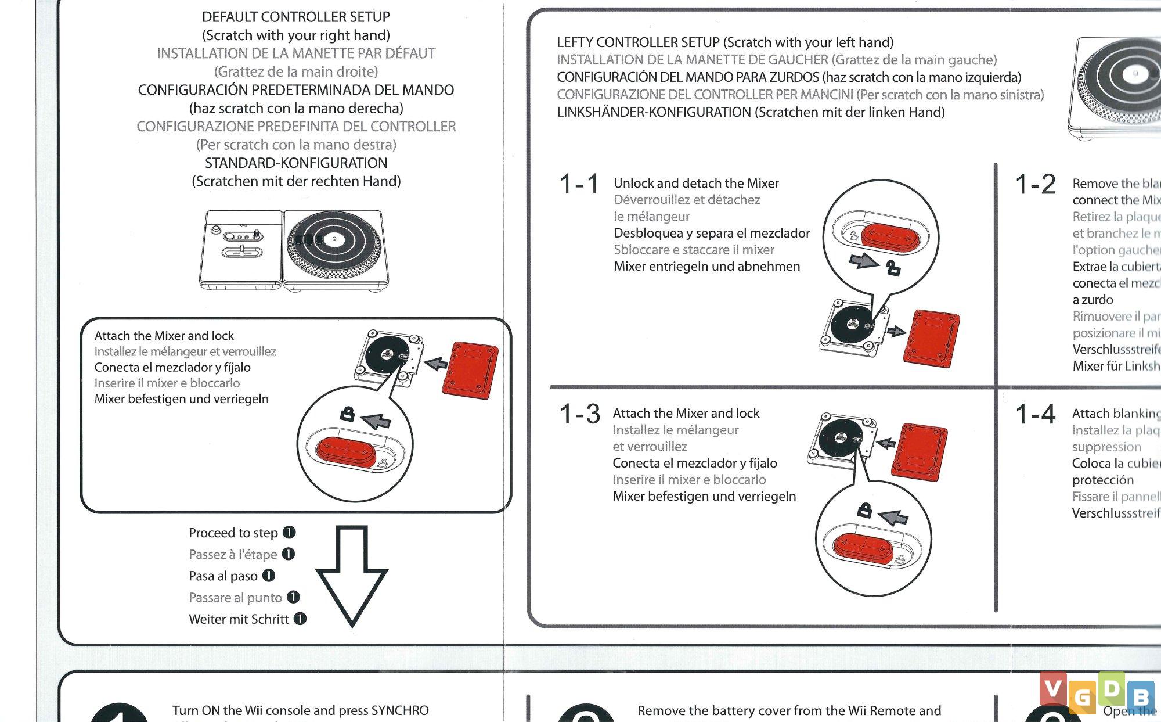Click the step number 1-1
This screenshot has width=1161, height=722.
pos(579,184)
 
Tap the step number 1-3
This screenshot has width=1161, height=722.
pos(579,414)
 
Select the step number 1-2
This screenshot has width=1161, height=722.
pos(1035,184)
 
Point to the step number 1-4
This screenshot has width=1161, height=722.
pos(1035,414)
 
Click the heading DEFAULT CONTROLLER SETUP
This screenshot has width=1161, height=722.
pos(296,17)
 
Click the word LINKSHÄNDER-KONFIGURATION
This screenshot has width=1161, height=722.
pos(654,112)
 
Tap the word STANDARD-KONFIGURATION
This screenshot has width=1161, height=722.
pos(296,163)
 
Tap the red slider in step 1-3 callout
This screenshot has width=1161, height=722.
pos(863,548)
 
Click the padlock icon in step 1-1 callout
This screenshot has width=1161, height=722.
pos(893,268)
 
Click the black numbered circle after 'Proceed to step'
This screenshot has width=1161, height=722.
pos(289,533)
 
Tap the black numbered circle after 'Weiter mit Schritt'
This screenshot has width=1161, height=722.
pos(300,619)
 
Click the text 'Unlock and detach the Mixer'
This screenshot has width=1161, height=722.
pos(696,184)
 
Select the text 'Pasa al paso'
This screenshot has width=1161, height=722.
pos(223,576)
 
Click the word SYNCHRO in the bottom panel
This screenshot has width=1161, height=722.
pos(399,710)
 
